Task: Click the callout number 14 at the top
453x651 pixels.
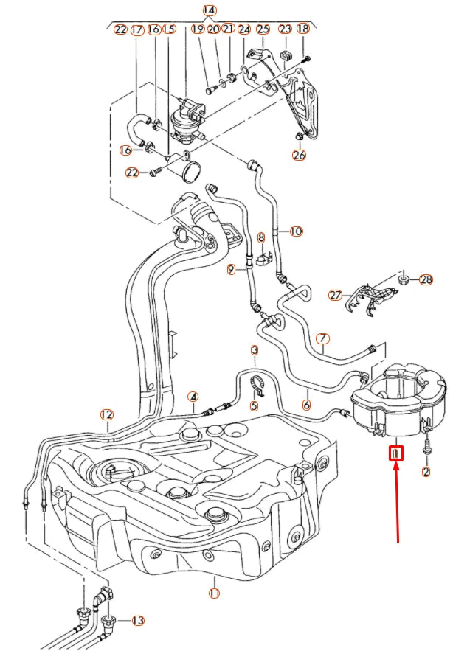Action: pyautogui.click(x=210, y=10)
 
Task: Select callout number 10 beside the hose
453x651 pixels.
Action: pyautogui.click(x=295, y=231)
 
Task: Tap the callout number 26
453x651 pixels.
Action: pyautogui.click(x=299, y=155)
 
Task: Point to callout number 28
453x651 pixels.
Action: pyautogui.click(x=426, y=279)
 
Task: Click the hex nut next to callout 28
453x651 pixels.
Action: pyautogui.click(x=404, y=279)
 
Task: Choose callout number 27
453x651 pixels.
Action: pyautogui.click(x=336, y=295)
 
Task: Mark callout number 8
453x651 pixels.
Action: pyautogui.click(x=260, y=237)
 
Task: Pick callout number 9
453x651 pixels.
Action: pyautogui.click(x=231, y=271)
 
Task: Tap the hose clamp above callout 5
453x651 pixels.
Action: pyautogui.click(x=257, y=383)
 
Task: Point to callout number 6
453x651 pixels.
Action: pyautogui.click(x=306, y=404)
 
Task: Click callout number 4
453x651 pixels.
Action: pyautogui.click(x=193, y=397)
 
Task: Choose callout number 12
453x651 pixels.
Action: pyautogui.click(x=107, y=414)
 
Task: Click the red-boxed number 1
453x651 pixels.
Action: pyautogui.click(x=396, y=453)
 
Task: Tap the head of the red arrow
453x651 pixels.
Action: pyautogui.click(x=397, y=466)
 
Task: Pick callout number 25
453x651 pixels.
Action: pyautogui.click(x=263, y=29)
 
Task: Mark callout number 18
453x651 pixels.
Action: pyautogui.click(x=302, y=29)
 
